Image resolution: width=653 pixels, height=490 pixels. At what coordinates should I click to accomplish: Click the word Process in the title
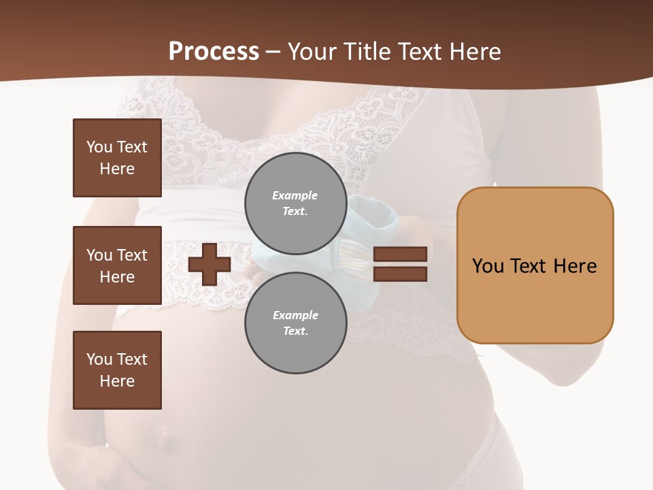tap(214, 51)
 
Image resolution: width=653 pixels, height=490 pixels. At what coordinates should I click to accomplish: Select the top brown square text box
tap(117, 158)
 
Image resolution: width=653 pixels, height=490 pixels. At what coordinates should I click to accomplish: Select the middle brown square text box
tap(117, 265)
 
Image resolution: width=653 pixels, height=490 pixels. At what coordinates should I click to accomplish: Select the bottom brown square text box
tap(117, 370)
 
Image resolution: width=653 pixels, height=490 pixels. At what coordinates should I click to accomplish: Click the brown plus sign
tap(210, 264)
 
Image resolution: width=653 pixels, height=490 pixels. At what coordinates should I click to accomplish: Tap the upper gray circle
tap(295, 203)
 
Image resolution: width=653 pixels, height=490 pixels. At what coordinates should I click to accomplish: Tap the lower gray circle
tap(295, 323)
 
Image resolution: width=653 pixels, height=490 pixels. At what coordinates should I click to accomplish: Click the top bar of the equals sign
tap(400, 254)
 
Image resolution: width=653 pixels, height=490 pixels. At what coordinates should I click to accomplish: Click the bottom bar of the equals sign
tap(400, 274)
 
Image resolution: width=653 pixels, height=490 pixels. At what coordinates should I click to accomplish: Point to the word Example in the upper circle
tap(295, 195)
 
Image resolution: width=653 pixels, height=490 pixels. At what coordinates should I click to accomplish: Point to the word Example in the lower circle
tap(295, 315)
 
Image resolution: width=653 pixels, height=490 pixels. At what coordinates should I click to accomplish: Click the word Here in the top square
tap(117, 169)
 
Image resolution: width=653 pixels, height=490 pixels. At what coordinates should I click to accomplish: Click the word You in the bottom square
tap(99, 359)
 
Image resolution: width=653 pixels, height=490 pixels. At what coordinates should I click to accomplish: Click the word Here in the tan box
tap(575, 266)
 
